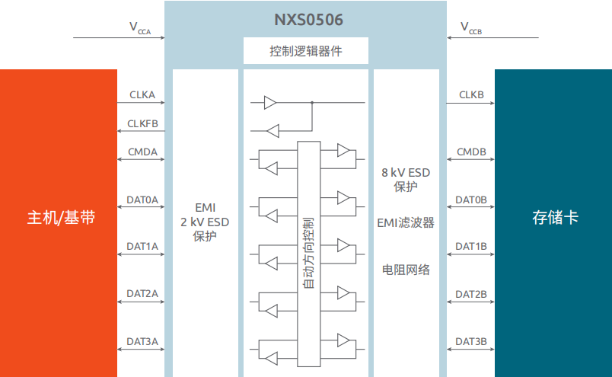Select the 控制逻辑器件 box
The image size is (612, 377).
pyautogui.click(x=306, y=52)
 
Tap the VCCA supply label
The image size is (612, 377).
pyautogui.click(x=139, y=28)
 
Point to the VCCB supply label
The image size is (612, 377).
pyautogui.click(x=471, y=28)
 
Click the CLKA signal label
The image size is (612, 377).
pyautogui.click(x=142, y=95)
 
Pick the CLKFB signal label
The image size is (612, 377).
pyautogui.click(x=142, y=123)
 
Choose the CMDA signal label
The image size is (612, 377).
pyautogui.click(x=142, y=152)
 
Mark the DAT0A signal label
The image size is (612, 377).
pyautogui.click(x=142, y=200)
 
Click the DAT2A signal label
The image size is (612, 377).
pyautogui.click(x=142, y=293)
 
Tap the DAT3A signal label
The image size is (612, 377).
pyautogui.click(x=142, y=340)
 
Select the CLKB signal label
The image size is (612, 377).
pyautogui.click(x=471, y=95)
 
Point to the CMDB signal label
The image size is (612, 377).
pyautogui.click(x=471, y=152)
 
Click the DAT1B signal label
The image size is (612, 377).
pyautogui.click(x=471, y=247)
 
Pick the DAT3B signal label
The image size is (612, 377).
pyautogui.click(x=471, y=340)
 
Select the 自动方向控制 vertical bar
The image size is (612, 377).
pyautogui.click(x=308, y=251)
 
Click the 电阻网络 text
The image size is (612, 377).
pyautogui.click(x=406, y=270)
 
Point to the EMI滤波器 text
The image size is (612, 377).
pyautogui.click(x=406, y=222)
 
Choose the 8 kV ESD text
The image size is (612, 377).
pyautogui.click(x=406, y=173)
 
